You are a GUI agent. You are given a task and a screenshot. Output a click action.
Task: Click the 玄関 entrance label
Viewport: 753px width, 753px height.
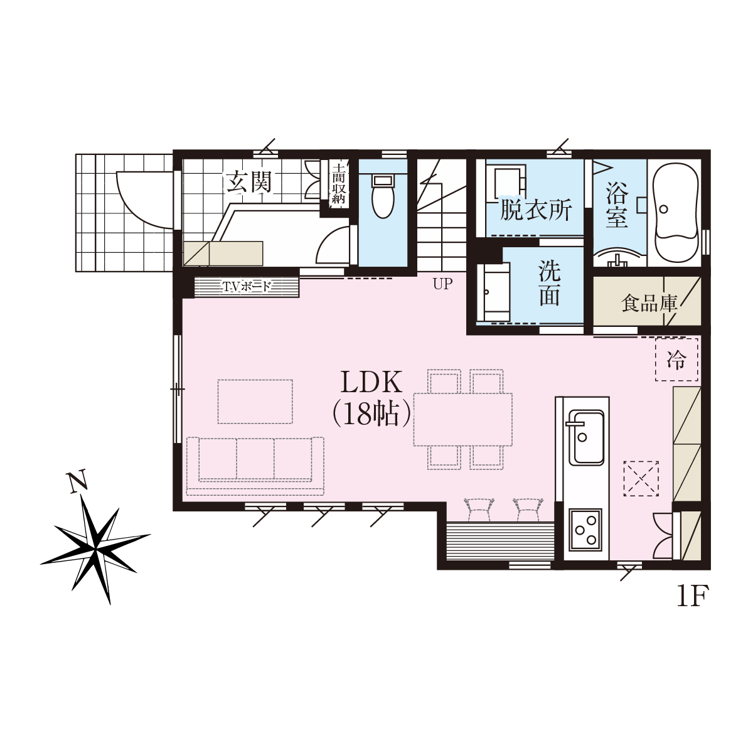pyautogui.click(x=249, y=183)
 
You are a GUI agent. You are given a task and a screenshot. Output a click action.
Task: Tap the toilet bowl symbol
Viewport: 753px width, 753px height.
pyautogui.click(x=383, y=197)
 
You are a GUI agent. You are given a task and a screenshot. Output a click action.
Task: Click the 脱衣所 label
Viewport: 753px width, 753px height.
pyautogui.click(x=536, y=210)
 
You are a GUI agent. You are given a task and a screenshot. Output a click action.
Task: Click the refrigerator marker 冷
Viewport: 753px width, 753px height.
pyautogui.click(x=676, y=360)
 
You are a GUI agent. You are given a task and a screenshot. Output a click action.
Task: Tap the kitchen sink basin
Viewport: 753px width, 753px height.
pyautogui.click(x=586, y=437)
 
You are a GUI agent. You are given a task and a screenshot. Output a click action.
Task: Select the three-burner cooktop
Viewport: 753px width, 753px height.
pyautogui.click(x=585, y=530)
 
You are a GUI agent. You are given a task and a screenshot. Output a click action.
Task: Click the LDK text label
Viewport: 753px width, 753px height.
pyautogui.click(x=371, y=383)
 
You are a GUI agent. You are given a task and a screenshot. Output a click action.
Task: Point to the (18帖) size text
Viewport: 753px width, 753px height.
pyautogui.click(x=371, y=414)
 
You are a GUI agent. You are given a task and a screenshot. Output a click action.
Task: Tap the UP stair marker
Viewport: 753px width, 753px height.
pyautogui.click(x=442, y=284)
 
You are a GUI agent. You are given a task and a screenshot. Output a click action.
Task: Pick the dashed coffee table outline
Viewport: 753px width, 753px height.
pyautogui.click(x=255, y=402)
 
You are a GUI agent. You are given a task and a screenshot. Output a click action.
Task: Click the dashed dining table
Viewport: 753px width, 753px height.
pyautogui.click(x=462, y=419)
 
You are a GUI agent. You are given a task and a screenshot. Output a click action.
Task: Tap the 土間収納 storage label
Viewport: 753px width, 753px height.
pyautogui.click(x=338, y=184)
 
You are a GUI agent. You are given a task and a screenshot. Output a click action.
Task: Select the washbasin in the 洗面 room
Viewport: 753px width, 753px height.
pyautogui.click(x=494, y=292)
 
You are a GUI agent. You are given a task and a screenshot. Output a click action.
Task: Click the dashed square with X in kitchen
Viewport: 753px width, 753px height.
pyautogui.click(x=641, y=479)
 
